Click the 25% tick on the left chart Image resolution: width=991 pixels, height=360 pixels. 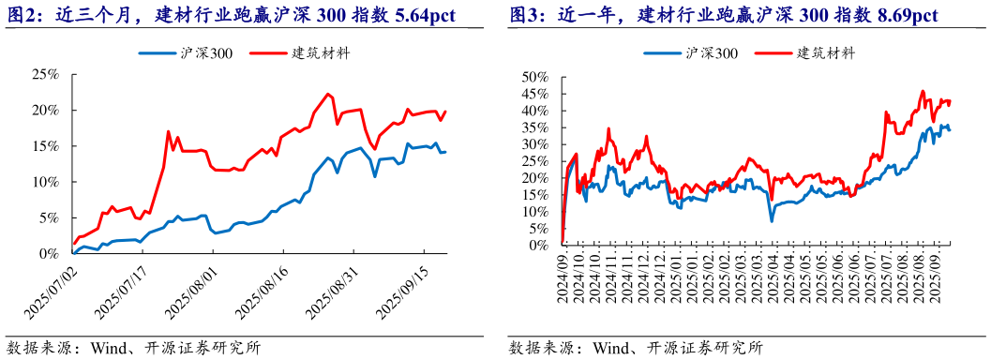[x=43, y=74]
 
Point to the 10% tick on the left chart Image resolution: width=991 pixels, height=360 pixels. [x=43, y=182]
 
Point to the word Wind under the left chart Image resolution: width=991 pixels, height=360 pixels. [x=110, y=347]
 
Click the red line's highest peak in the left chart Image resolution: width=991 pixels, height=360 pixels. [x=327, y=94]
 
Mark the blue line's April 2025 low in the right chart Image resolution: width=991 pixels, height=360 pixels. [x=772, y=220]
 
